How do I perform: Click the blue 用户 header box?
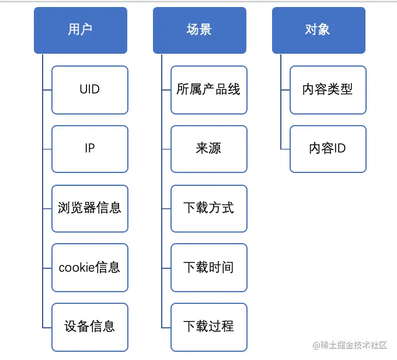click(x=81, y=30)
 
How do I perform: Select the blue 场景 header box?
click(x=200, y=30)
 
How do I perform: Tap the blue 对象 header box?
click(x=319, y=30)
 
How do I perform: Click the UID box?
click(x=90, y=89)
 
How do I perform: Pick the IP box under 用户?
click(x=90, y=148)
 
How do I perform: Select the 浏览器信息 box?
click(x=90, y=208)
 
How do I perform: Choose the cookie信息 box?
click(x=90, y=268)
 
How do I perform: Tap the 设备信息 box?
click(x=90, y=327)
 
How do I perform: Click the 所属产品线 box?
click(x=209, y=89)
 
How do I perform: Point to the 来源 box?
click(x=209, y=148)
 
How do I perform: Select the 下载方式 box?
click(x=209, y=208)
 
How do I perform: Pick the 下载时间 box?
click(x=209, y=268)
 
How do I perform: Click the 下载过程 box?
click(x=209, y=327)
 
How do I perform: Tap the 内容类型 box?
click(x=328, y=89)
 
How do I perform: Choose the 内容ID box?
click(x=328, y=148)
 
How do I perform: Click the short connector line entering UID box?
click(x=47, y=89)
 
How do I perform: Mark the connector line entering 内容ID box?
click(x=285, y=148)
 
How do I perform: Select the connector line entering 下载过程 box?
click(x=166, y=327)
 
